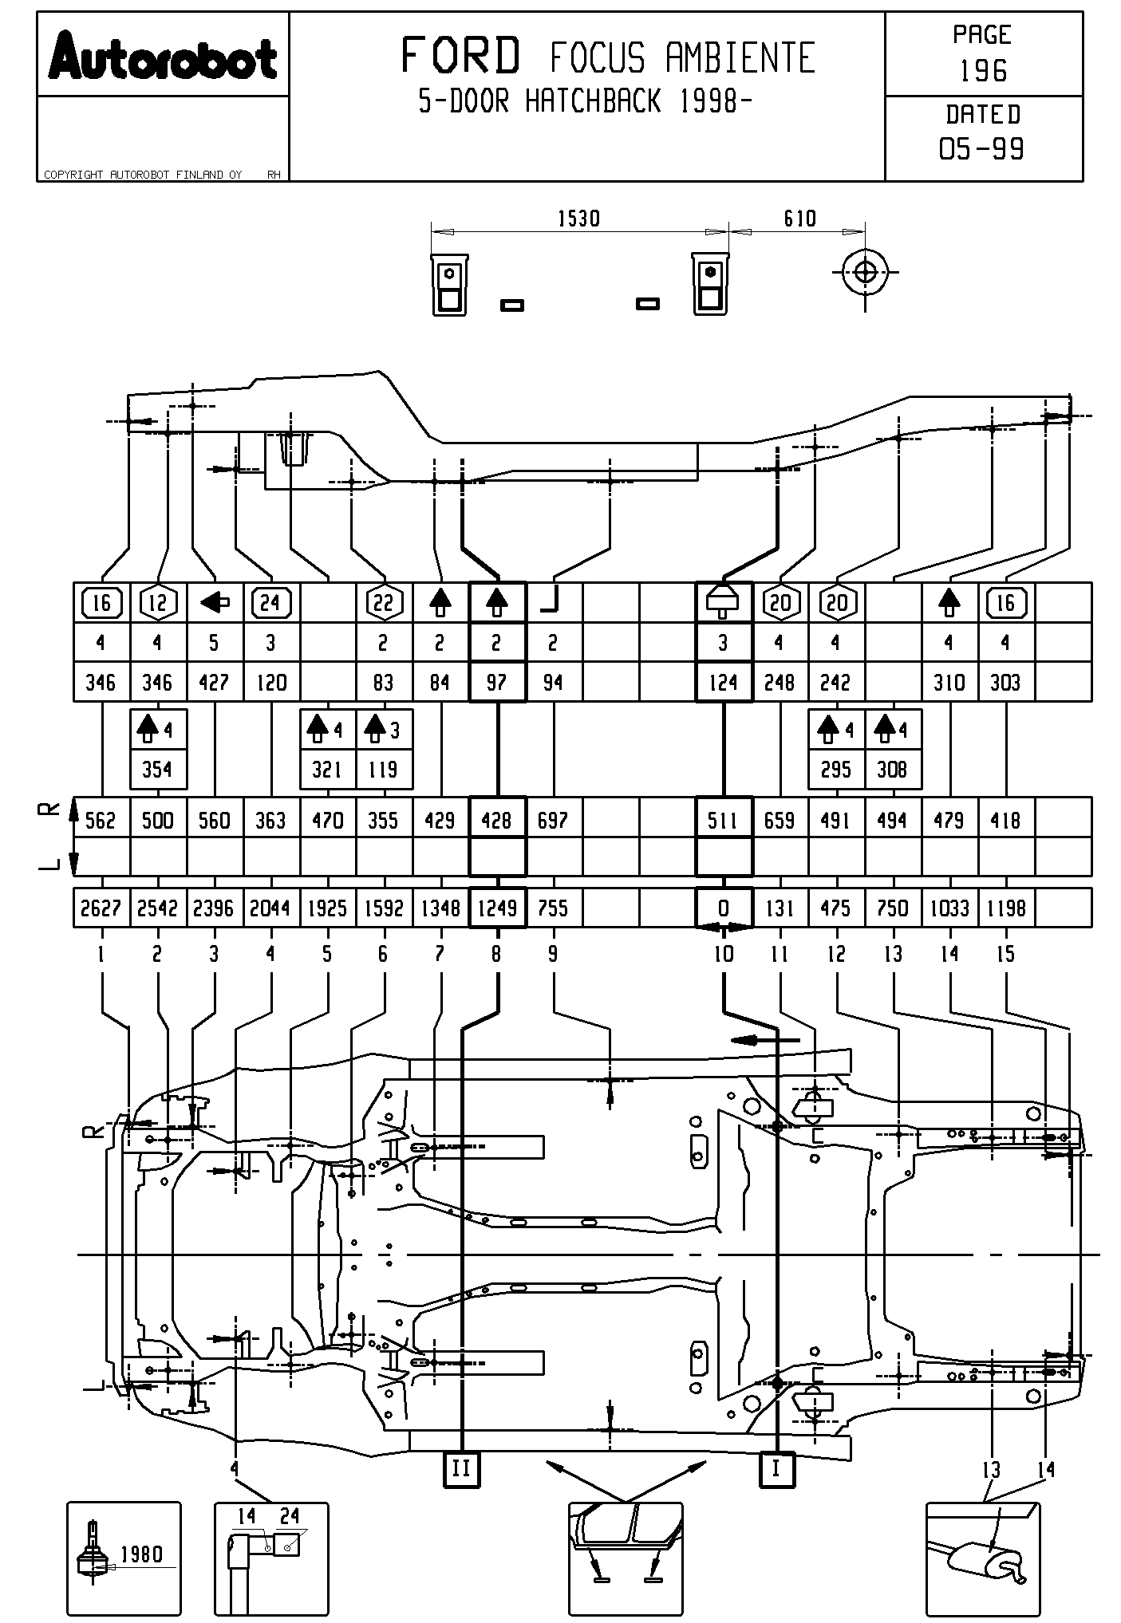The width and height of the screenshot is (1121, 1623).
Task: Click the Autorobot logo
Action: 163,57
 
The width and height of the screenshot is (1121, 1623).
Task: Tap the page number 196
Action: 983,71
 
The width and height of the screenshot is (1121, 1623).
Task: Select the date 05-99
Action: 982,148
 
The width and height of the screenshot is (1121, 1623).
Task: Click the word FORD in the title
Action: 460,56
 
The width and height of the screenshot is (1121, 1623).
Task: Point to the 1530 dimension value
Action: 578,219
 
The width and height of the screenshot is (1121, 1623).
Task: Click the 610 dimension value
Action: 799,219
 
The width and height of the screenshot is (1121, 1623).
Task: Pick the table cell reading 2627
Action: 101,908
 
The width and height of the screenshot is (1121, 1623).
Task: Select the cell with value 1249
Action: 497,908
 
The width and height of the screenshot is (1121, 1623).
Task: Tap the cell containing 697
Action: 553,820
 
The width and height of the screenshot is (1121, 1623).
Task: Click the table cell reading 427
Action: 214,683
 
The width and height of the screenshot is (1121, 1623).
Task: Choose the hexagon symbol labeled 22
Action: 384,603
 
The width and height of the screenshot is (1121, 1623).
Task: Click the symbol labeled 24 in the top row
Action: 271,603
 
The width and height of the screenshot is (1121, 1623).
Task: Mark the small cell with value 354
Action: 157,770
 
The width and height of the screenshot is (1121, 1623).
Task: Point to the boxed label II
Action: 462,1468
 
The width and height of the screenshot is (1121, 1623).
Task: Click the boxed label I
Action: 776,1468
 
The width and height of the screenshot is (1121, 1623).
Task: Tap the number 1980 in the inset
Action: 141,1554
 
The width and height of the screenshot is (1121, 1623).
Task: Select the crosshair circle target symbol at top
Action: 865,273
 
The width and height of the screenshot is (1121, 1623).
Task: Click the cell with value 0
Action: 724,908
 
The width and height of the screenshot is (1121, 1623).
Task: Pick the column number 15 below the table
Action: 1005,954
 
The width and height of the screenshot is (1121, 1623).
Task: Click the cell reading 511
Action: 724,820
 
